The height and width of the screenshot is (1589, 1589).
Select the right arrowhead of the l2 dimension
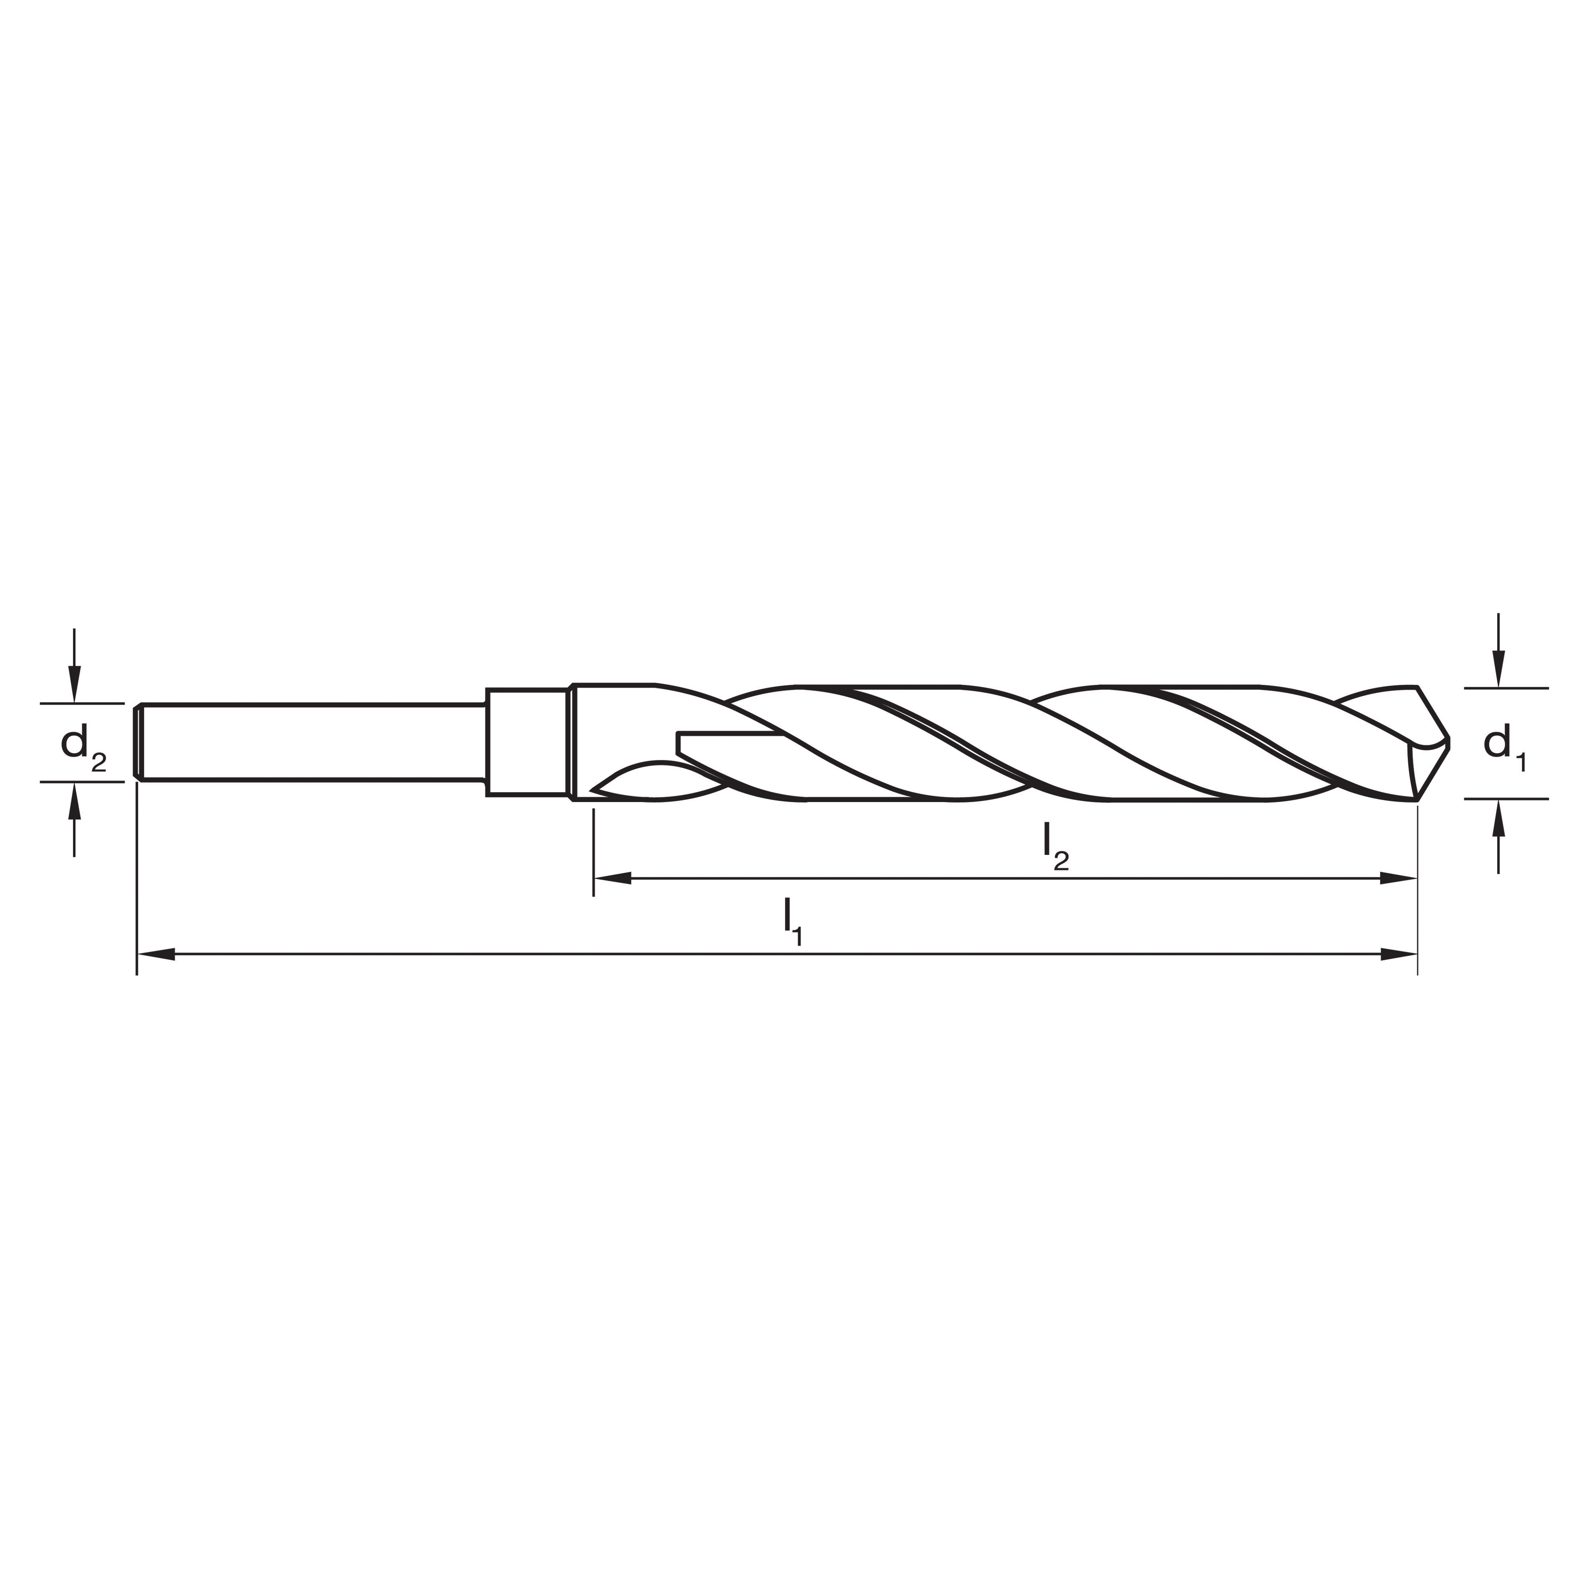pyautogui.click(x=1398, y=878)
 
